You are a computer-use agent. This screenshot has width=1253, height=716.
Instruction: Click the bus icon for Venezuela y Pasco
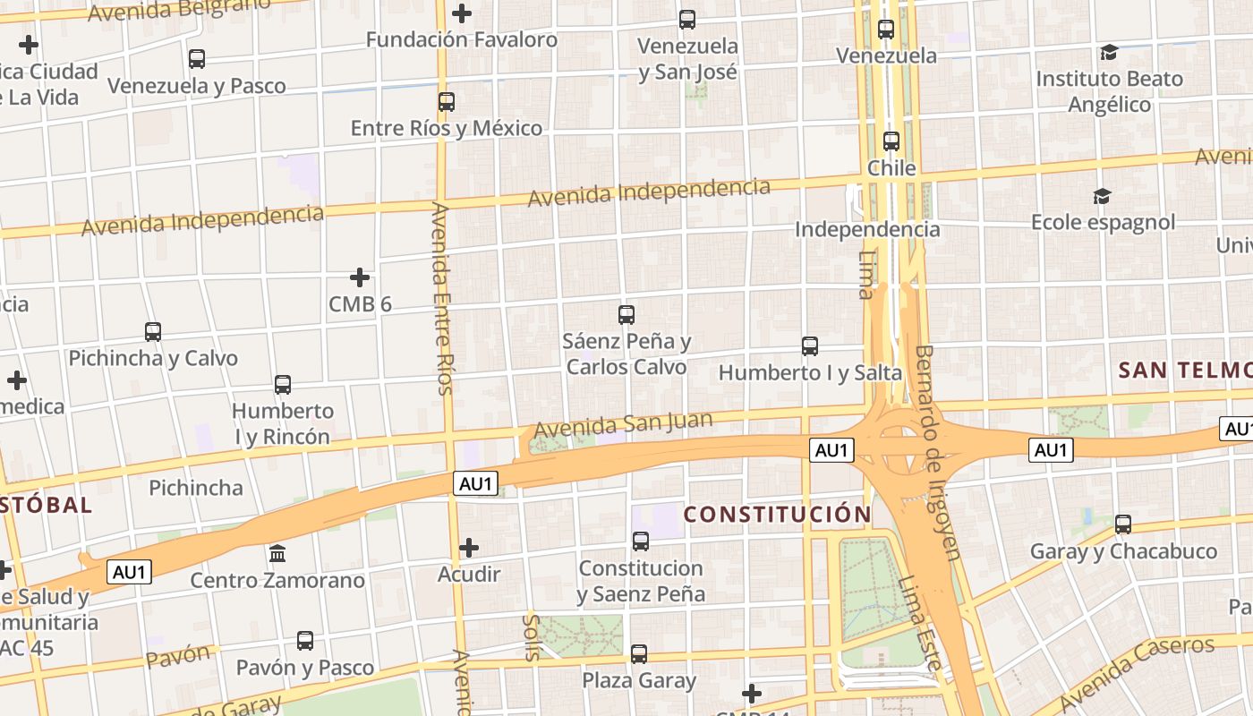coord(197,59)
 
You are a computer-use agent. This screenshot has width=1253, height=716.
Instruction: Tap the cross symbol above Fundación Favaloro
coord(462,13)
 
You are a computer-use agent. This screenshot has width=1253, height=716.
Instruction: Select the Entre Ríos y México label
coord(446,128)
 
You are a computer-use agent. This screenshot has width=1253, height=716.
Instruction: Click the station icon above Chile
coord(891,141)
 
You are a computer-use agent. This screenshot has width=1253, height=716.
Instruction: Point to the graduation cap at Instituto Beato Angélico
coord(1109,52)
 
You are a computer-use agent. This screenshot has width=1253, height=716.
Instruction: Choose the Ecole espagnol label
coord(1103,222)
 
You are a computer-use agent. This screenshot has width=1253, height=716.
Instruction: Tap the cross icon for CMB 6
coord(360,277)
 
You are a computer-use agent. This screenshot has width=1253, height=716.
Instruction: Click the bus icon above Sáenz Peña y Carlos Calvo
coord(626,315)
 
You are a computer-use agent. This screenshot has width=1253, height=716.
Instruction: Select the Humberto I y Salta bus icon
coord(810,346)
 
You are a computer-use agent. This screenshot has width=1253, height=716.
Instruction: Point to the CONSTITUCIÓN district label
coord(777,515)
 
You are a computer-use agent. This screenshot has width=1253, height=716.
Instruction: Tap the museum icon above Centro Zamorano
coord(277,553)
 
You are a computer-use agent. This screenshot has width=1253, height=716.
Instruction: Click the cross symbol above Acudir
coord(468,548)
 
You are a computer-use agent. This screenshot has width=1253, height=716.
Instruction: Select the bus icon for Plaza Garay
coord(639,654)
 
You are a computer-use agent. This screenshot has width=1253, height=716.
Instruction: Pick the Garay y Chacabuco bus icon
coord(1122,524)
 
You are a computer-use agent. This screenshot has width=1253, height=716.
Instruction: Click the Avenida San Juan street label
coord(623,425)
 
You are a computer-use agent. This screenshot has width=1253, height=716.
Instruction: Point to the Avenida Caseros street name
coord(1137,671)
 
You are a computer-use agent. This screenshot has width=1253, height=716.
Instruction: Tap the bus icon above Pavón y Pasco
coord(305,641)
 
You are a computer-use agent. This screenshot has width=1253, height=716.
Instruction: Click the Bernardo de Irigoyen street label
coord(937,452)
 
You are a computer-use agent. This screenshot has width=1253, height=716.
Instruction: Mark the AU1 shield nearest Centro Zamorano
coord(130,572)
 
